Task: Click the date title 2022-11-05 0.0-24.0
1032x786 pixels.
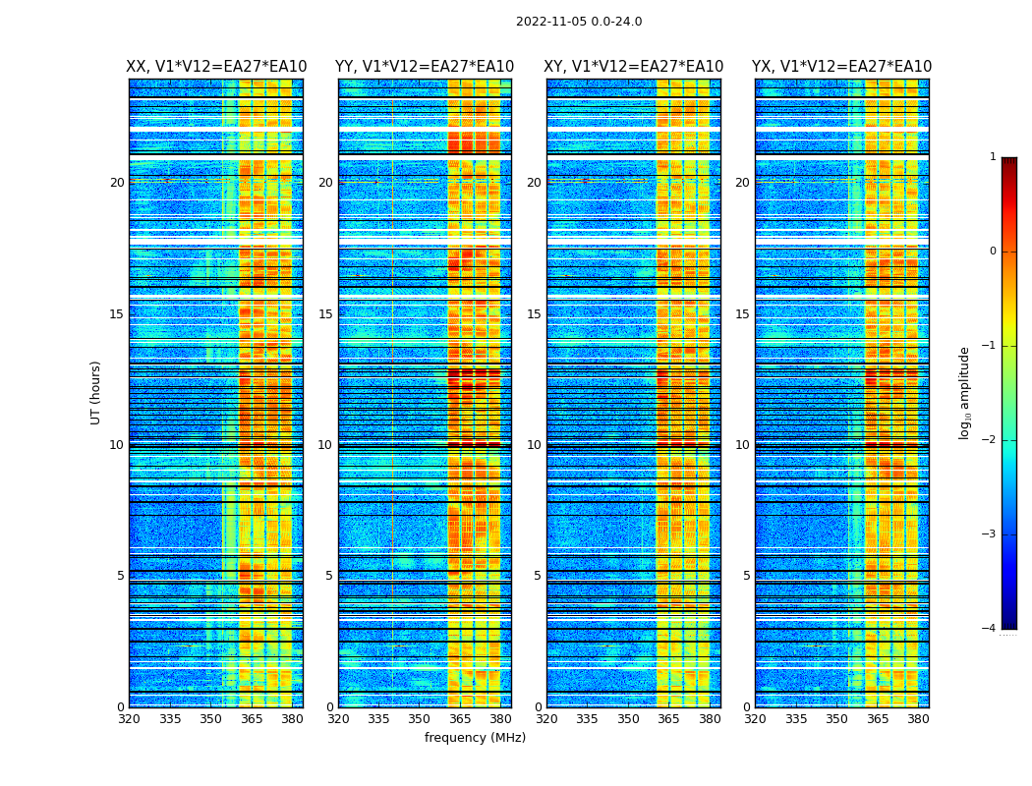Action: point(579,22)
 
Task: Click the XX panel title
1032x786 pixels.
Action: point(216,67)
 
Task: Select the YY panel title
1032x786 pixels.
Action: point(425,67)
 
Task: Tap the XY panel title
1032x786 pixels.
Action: point(634,67)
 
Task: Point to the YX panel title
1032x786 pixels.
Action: point(842,67)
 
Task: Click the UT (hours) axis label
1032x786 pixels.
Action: point(95,392)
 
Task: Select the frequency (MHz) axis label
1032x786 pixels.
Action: point(475,738)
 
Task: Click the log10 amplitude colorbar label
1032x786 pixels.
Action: point(965,392)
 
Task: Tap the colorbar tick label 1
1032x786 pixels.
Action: point(992,157)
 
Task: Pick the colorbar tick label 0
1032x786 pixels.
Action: point(992,252)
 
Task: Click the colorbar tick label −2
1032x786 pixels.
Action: point(991,440)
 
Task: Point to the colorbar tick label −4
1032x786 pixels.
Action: point(991,629)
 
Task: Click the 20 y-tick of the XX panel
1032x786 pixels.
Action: point(117,183)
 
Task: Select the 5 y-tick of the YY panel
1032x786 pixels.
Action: point(329,576)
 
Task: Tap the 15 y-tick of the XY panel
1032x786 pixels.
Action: point(534,314)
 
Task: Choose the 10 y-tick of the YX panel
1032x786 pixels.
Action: point(742,445)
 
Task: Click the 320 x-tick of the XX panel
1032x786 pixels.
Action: point(129,719)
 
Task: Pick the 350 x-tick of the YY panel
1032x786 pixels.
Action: point(420,719)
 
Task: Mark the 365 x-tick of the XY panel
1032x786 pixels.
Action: point(669,719)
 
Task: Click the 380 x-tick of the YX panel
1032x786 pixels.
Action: point(918,719)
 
